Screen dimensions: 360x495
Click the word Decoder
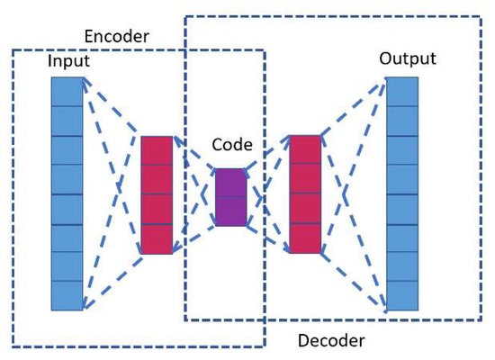[x=332, y=340]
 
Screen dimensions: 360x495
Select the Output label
[x=408, y=58]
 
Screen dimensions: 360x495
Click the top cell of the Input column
[x=67, y=92]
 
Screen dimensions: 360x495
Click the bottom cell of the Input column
[x=67, y=295]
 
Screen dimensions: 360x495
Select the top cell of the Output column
[x=402, y=92]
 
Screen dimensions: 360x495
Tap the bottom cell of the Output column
[x=402, y=295]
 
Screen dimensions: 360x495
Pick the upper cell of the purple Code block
[x=229, y=183]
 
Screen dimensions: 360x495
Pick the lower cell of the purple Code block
[x=229, y=211]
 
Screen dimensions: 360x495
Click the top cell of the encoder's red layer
[x=156, y=150]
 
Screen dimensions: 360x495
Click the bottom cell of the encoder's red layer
[x=156, y=238]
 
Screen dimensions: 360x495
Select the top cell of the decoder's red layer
[x=304, y=150]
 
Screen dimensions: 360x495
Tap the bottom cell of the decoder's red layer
[x=304, y=238]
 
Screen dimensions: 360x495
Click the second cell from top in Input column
[x=67, y=121]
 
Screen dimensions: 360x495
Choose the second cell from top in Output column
[x=402, y=121]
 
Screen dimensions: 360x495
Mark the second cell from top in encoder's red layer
[x=156, y=180]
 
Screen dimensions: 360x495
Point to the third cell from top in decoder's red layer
[x=304, y=209]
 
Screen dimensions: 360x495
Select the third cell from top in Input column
[x=67, y=149]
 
